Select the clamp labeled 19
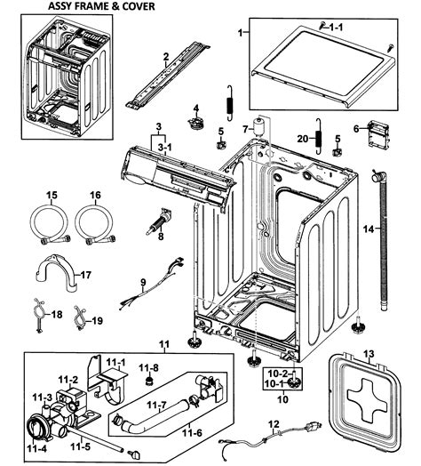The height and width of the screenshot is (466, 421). [x=78, y=312]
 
